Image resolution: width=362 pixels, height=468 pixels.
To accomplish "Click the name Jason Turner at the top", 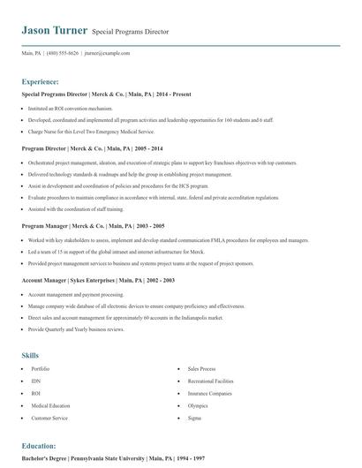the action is (x=54, y=30).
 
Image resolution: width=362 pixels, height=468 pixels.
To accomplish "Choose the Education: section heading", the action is (x=39, y=446).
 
